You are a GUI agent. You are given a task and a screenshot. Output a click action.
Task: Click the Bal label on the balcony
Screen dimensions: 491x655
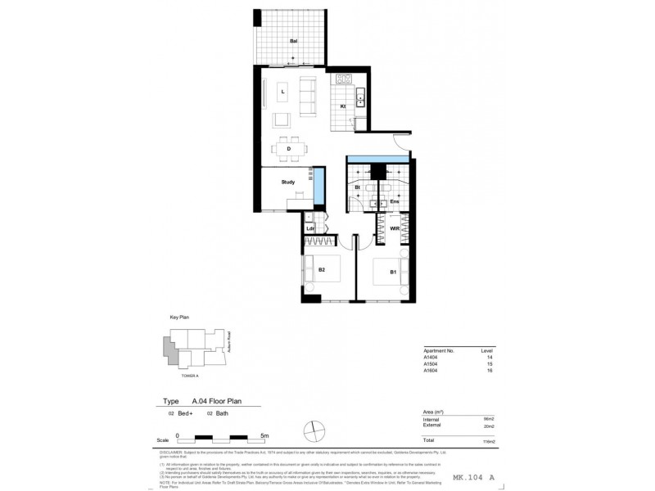(293, 40)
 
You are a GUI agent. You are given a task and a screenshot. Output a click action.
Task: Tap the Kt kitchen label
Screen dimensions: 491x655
(343, 106)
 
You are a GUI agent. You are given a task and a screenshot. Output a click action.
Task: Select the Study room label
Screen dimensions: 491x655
(287, 182)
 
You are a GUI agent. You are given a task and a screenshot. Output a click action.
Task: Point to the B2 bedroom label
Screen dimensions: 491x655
(323, 270)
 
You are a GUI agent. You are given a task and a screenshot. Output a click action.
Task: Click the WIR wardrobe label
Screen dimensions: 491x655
(394, 228)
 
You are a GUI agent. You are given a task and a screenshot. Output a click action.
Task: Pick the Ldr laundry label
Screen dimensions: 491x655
(311, 228)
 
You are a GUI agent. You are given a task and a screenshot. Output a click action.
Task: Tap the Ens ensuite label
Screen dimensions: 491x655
(394, 200)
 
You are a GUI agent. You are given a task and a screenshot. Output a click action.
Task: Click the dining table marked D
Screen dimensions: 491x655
(287, 149)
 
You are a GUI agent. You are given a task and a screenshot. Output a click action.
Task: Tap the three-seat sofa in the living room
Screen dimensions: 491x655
(308, 97)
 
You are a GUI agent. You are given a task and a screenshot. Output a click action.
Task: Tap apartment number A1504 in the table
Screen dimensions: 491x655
(431, 364)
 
